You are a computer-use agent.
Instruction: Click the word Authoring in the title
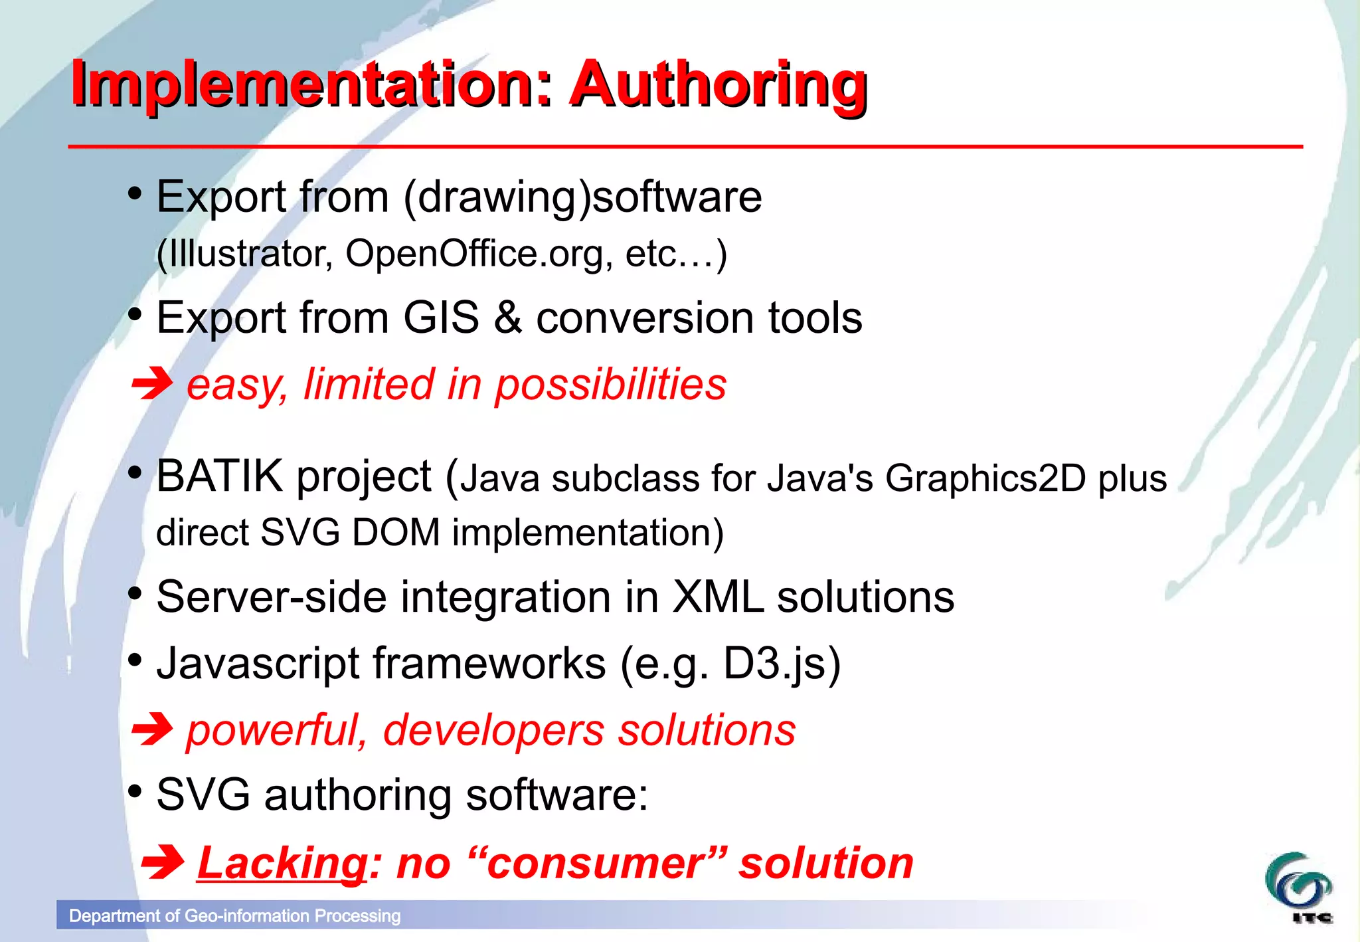pos(719,85)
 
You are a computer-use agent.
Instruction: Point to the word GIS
pos(441,318)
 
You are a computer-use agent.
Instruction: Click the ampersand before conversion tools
pos(507,318)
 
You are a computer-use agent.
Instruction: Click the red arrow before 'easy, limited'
pos(152,383)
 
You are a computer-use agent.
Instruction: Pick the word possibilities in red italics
pos(610,385)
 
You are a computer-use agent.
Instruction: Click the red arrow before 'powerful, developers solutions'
pos(152,729)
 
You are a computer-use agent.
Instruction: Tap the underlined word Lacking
pos(282,863)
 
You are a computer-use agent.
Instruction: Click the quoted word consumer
pos(595,863)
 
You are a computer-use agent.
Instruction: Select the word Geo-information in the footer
pos(247,916)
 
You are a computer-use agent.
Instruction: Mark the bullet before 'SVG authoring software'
pos(135,791)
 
